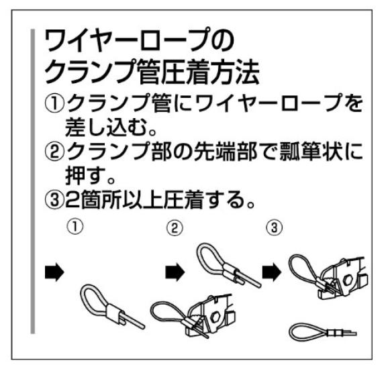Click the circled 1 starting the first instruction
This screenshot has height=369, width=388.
pos(54,104)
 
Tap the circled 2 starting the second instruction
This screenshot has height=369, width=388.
pos(54,152)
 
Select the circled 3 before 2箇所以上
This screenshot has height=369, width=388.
pos(54,199)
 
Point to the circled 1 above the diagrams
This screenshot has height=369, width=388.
pos(75,227)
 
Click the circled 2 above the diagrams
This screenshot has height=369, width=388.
pos(175,228)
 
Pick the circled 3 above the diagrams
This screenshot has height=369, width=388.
pos(274,227)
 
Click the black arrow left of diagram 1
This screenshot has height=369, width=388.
pos(54,272)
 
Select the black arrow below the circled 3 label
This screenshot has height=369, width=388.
pos(272,272)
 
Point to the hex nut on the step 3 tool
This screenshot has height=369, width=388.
pos(348,280)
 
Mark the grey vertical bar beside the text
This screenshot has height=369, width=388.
pos(33,182)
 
